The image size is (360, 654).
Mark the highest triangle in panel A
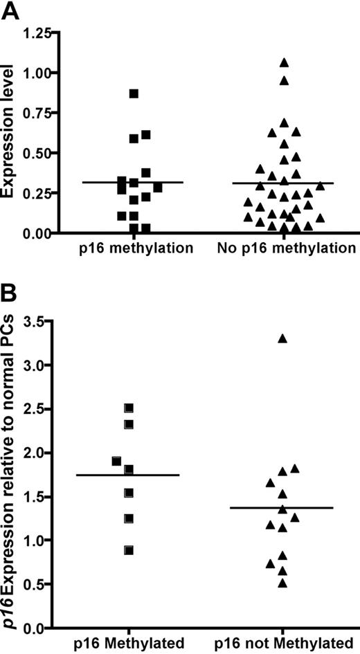[284, 63]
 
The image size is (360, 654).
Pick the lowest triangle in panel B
[282, 583]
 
